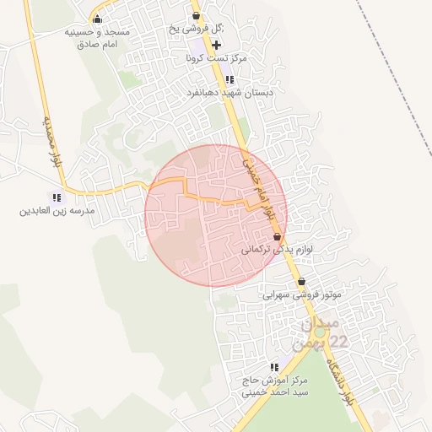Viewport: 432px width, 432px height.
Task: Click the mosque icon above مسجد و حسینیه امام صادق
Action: pos(97,19)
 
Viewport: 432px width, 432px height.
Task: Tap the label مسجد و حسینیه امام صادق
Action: pos(97,37)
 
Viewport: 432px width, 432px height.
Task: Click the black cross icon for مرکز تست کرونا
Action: pos(217,44)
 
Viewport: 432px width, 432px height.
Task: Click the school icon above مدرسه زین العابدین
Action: pos(57,197)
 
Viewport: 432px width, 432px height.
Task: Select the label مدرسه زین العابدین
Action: pos(57,210)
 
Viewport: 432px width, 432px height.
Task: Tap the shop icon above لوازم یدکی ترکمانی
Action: pos(277,238)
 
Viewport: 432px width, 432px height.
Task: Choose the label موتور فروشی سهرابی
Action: pos(300,294)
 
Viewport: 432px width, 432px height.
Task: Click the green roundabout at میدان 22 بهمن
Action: pos(319,332)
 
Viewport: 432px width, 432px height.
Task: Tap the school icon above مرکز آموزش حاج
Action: pos(274,367)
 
